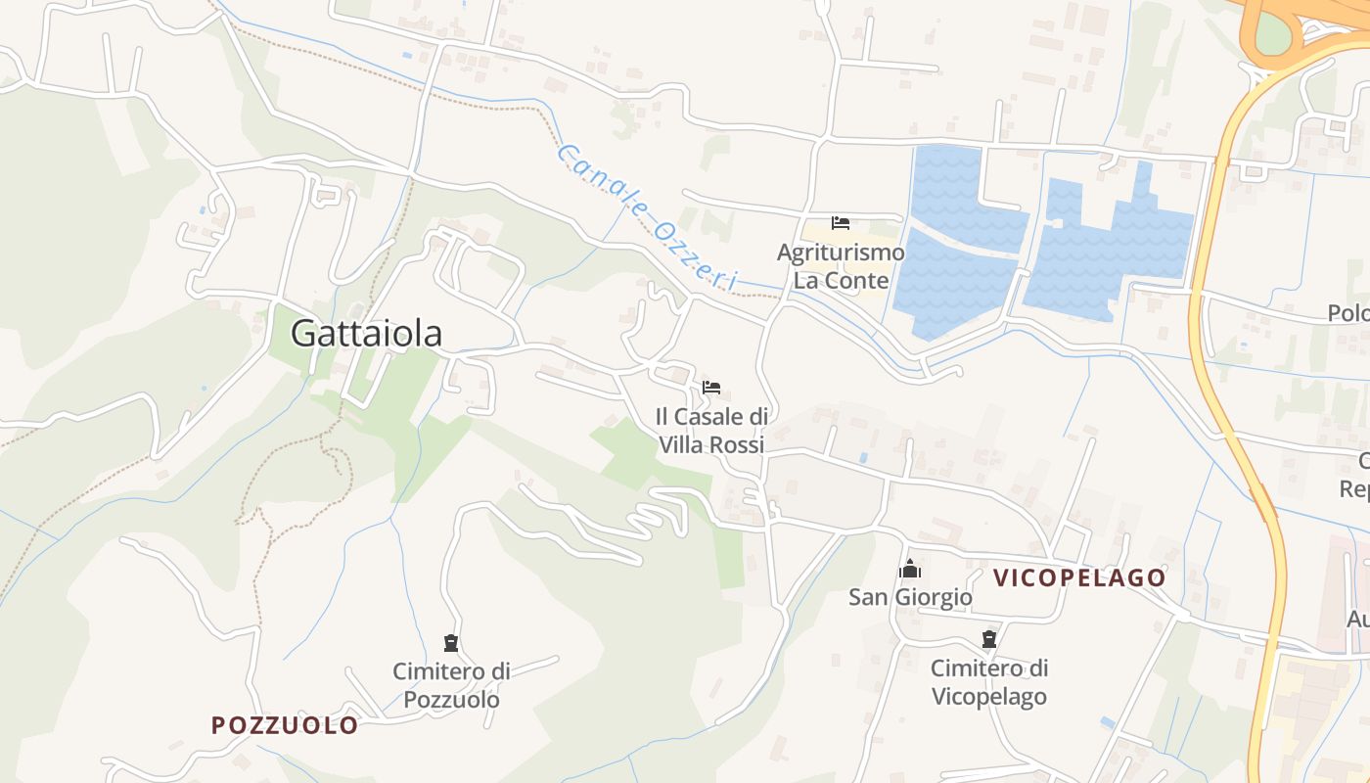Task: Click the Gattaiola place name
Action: tap(366, 334)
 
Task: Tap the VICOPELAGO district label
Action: tap(1079, 577)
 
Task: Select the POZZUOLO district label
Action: tap(285, 725)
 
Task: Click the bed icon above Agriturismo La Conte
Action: tap(841, 223)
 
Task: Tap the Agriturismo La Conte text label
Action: tap(841, 266)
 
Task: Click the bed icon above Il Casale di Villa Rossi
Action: tap(711, 388)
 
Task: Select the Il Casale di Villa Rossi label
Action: tap(711, 431)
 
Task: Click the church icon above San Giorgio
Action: tap(910, 569)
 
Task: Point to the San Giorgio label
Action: tap(910, 597)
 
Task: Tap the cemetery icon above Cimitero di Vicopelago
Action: tap(989, 640)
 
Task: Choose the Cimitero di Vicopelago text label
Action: tap(989, 682)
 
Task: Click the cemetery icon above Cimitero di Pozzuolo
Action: tap(451, 643)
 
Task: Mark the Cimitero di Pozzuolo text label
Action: tap(451, 685)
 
